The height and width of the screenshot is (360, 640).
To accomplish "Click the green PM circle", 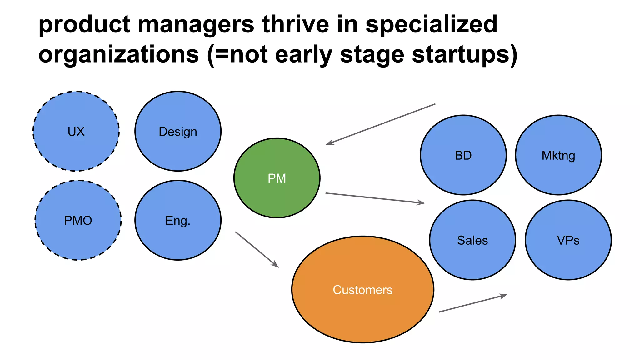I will [277, 178].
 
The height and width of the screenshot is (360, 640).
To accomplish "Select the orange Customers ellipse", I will [362, 289].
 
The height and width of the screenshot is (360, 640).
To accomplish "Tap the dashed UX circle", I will [76, 131].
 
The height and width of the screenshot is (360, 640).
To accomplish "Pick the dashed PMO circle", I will [78, 220].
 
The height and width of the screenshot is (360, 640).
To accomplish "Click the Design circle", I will [178, 131].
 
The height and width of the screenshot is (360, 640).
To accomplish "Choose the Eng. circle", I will [178, 220].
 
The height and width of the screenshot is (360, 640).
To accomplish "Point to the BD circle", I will [463, 155].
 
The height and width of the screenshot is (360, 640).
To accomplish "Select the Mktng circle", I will [558, 155].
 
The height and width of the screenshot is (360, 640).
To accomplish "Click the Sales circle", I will [472, 240].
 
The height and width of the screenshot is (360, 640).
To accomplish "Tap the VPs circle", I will [568, 240].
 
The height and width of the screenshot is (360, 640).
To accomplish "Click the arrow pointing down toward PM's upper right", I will [381, 124].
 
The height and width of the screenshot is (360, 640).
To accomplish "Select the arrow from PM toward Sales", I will [375, 198].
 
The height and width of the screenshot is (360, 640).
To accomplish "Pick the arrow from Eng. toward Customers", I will [257, 249].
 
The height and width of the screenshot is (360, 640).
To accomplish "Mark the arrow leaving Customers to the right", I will [473, 303].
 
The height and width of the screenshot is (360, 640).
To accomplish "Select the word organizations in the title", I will [118, 54].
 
